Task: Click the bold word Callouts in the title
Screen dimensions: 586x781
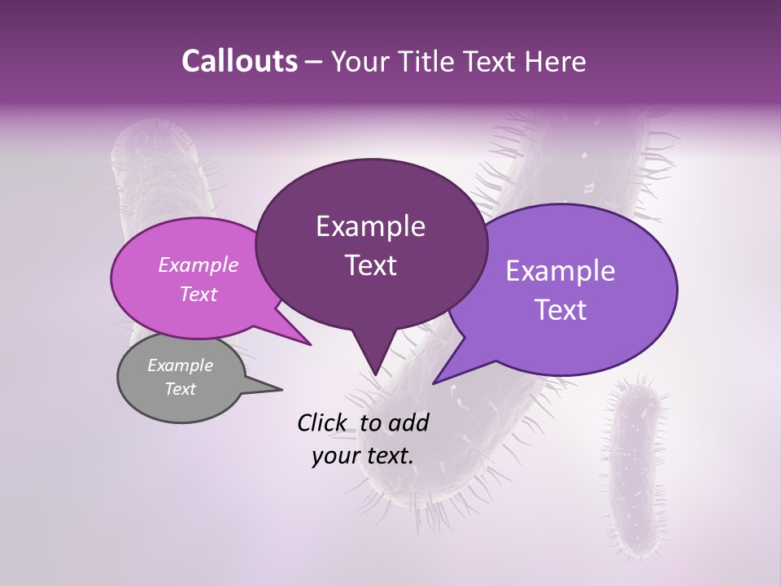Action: click(239, 61)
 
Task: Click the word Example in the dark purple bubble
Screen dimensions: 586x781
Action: click(370, 226)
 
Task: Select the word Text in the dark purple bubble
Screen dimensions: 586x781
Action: click(370, 265)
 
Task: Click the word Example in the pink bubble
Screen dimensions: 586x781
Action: click(198, 265)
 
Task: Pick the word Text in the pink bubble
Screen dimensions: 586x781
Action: click(198, 294)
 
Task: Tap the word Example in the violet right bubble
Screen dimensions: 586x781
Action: click(561, 271)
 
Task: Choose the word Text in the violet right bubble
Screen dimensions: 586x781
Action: click(561, 310)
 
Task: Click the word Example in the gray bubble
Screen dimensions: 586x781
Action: click(180, 365)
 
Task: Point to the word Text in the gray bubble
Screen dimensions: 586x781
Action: click(180, 389)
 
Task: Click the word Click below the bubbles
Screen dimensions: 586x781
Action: click(324, 422)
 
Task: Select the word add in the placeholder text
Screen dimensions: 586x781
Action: click(409, 422)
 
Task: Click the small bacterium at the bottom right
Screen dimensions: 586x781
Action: click(638, 464)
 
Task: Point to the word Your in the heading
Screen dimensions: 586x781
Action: click(359, 61)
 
